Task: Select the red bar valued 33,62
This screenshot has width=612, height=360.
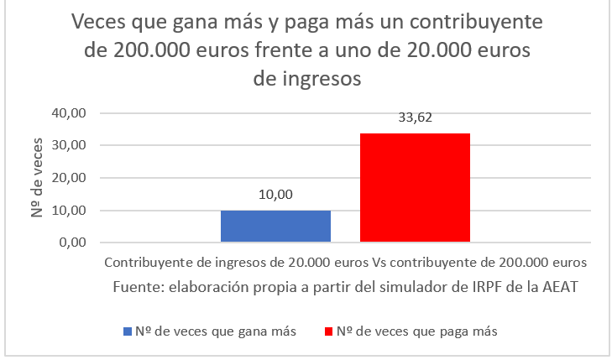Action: pyautogui.click(x=415, y=188)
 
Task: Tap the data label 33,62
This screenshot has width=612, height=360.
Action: pyautogui.click(x=415, y=118)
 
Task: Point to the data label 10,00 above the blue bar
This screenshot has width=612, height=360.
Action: pyautogui.click(x=275, y=195)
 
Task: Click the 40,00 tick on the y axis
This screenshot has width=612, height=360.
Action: pyautogui.click(x=71, y=112)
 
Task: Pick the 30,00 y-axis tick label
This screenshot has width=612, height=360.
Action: pyautogui.click(x=71, y=145)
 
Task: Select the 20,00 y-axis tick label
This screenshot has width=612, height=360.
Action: pyautogui.click(x=71, y=178)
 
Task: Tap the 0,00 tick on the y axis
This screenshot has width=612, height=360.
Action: pyautogui.click(x=75, y=243)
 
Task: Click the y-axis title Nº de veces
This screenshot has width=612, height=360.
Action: pyautogui.click(x=39, y=177)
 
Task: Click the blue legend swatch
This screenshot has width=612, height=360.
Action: pyautogui.click(x=128, y=331)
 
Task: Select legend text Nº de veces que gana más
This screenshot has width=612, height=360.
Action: pyautogui.click(x=216, y=331)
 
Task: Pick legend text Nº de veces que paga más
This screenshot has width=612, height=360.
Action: pyautogui.click(x=416, y=331)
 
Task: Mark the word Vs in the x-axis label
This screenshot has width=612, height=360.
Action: pyautogui.click(x=374, y=262)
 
